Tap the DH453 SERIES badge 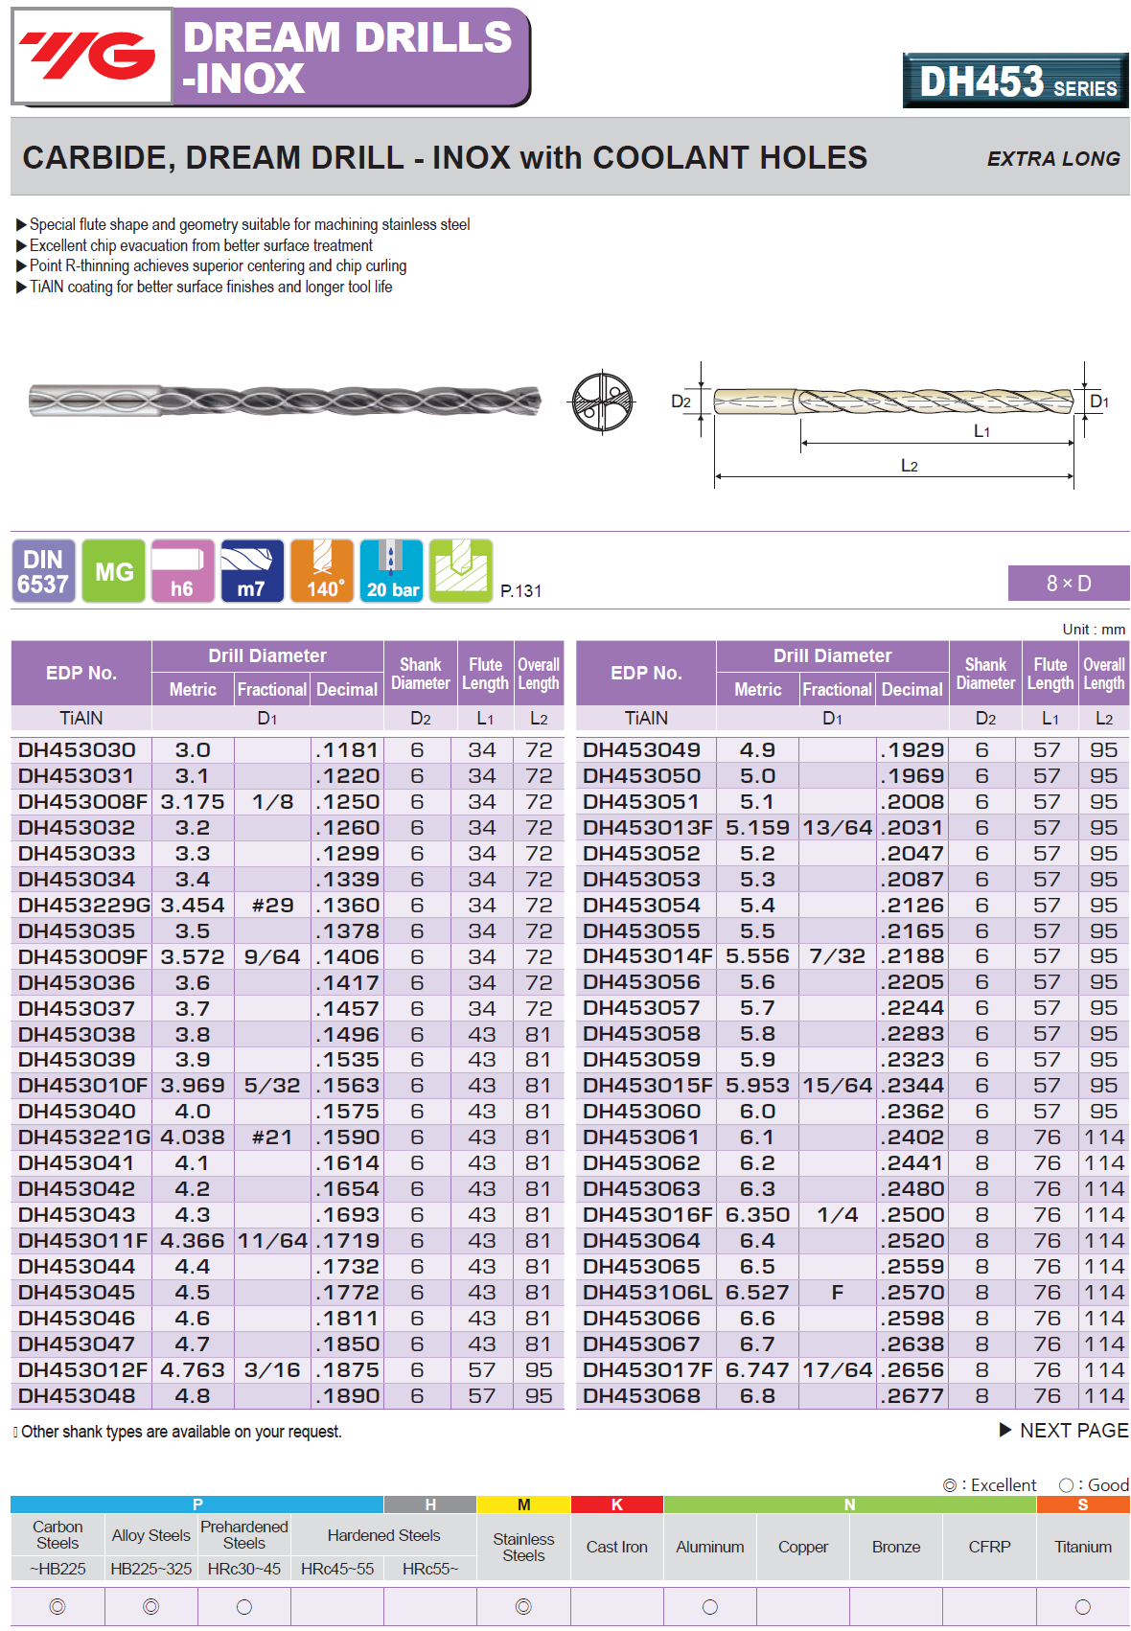click(x=1015, y=81)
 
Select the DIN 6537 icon click(x=44, y=571)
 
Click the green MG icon click(x=114, y=571)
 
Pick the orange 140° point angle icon click(x=322, y=571)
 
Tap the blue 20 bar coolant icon click(x=392, y=571)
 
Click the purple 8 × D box click(x=1068, y=583)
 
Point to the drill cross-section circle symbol click(x=602, y=402)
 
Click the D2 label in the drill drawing click(x=681, y=402)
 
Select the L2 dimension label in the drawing click(x=909, y=466)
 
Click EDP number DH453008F click(x=83, y=802)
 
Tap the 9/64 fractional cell click(x=272, y=957)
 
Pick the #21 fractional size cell click(x=272, y=1137)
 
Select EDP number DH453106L click(x=648, y=1293)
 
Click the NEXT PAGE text click(x=1073, y=1431)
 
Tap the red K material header click(x=616, y=1505)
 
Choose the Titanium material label click(x=1082, y=1547)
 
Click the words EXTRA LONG click(x=1052, y=159)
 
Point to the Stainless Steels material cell click(x=523, y=1547)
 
